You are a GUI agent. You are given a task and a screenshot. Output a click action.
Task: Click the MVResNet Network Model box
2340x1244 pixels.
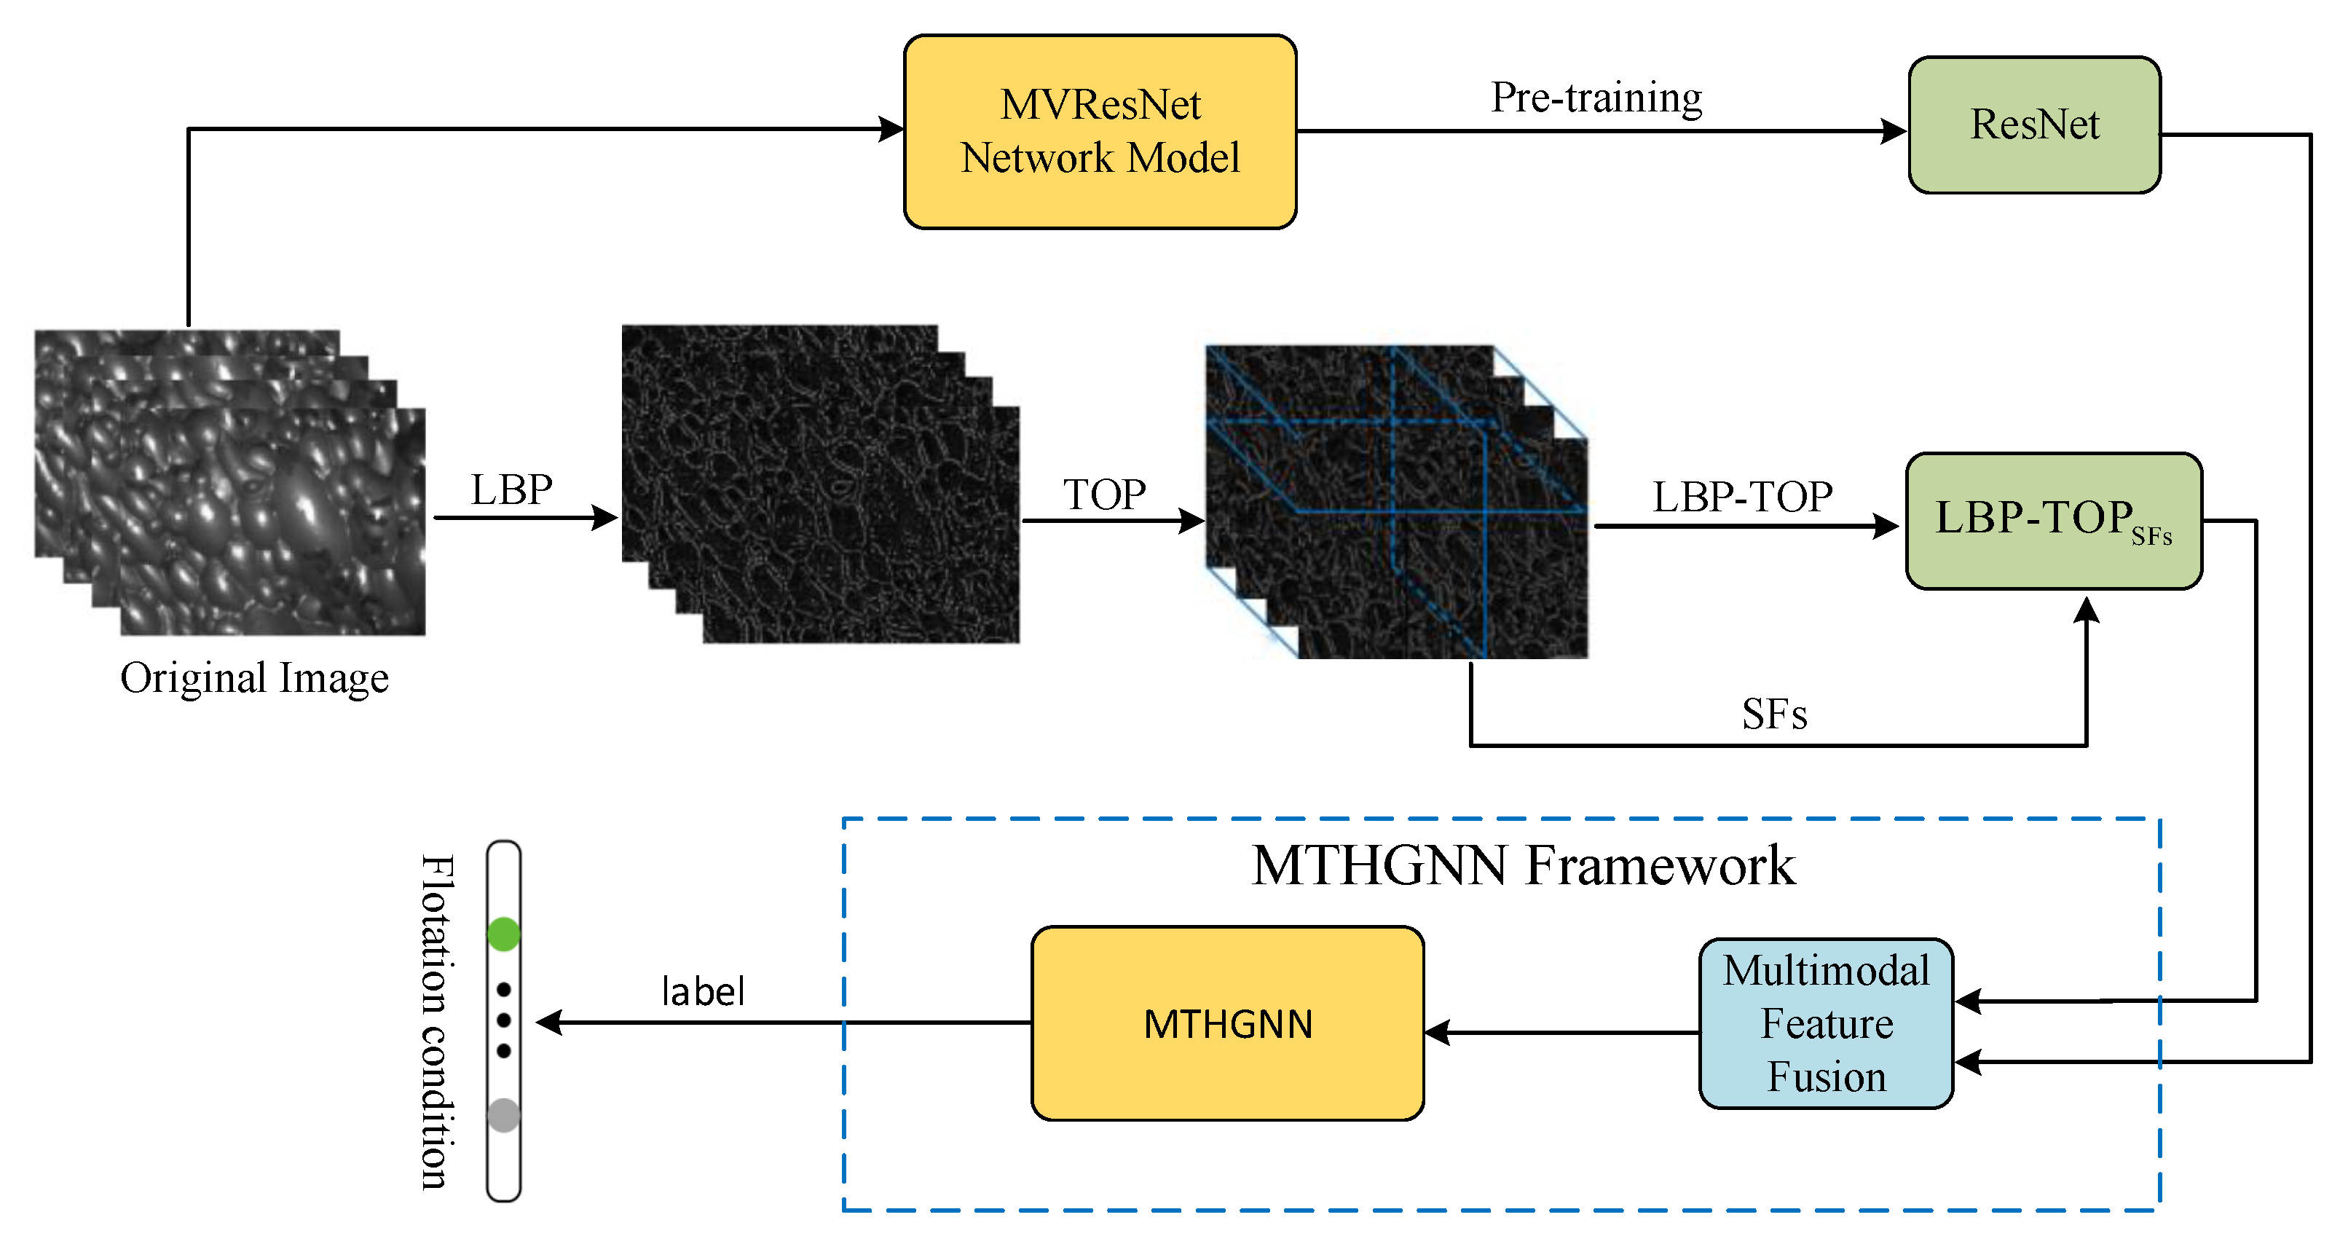pos(1099,132)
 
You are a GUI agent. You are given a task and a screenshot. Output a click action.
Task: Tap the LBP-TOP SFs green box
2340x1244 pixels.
pos(2053,521)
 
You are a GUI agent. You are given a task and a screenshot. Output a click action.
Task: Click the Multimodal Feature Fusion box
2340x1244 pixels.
pos(1826,1023)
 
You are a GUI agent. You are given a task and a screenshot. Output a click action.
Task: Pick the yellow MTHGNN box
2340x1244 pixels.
pos(1227,1023)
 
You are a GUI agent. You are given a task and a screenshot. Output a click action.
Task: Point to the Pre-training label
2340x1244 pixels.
pos(1596,97)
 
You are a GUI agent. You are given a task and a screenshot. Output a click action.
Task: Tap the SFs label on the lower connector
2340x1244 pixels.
pos(1773,714)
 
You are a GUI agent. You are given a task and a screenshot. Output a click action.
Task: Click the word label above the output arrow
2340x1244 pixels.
pos(702,991)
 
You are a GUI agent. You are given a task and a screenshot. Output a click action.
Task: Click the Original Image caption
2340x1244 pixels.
pos(254,678)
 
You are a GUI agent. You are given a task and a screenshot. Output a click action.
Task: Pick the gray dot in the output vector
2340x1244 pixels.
pos(503,1115)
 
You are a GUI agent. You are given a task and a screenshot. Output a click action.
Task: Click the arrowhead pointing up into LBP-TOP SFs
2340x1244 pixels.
pos(2087,610)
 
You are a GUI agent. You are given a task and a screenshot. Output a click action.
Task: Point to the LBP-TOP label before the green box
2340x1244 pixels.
pos(1741,497)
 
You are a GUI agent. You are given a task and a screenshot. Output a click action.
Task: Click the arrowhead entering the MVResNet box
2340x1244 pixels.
pos(891,129)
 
